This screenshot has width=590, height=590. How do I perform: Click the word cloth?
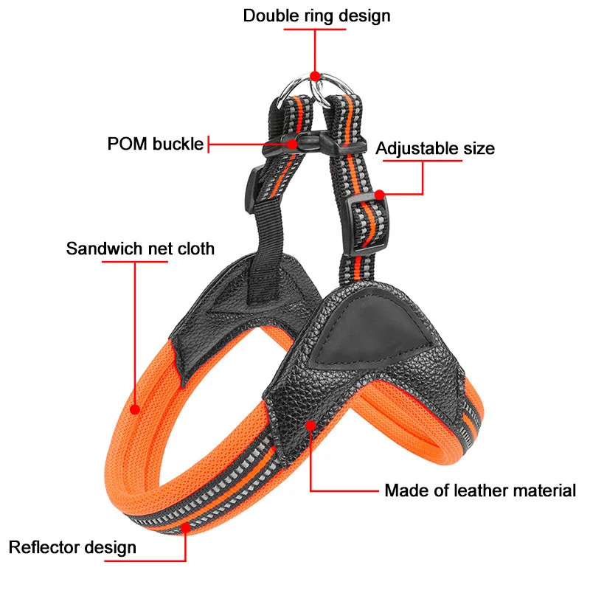[x=193, y=248]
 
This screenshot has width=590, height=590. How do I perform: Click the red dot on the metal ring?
[x=315, y=75]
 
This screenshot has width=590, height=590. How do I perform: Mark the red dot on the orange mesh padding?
[x=135, y=408]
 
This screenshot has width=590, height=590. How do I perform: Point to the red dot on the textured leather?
[x=311, y=426]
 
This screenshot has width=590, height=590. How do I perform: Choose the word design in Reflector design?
[x=111, y=547]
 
